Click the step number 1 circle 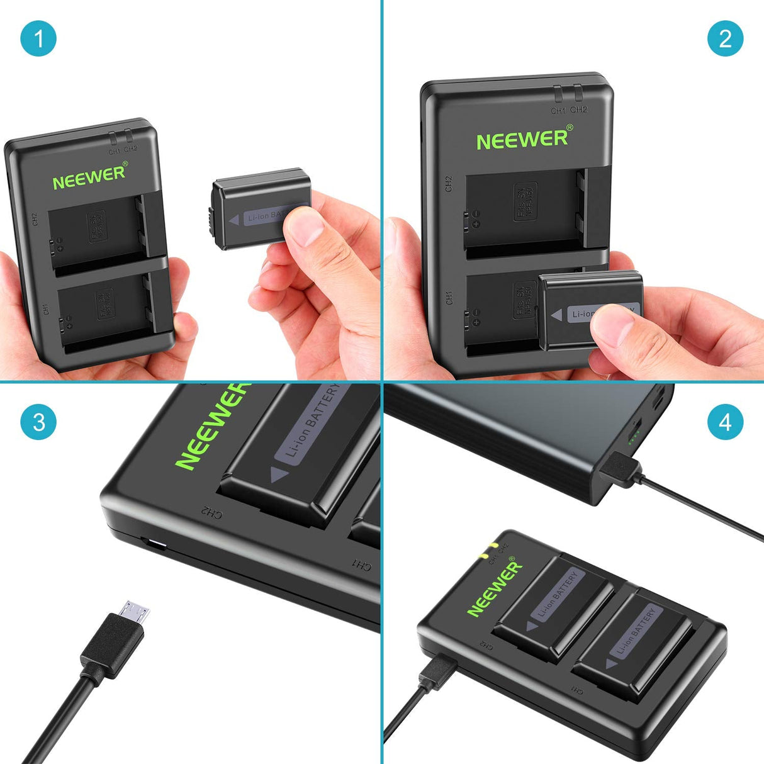tap(38, 38)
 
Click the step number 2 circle tap(725, 38)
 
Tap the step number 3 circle tap(38, 421)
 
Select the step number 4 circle tap(725, 421)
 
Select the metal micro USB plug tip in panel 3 tap(136, 612)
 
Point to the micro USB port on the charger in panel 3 tap(154, 544)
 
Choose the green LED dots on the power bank tap(634, 432)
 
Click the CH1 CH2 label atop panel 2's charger tap(569, 110)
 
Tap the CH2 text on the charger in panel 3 tap(211, 513)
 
